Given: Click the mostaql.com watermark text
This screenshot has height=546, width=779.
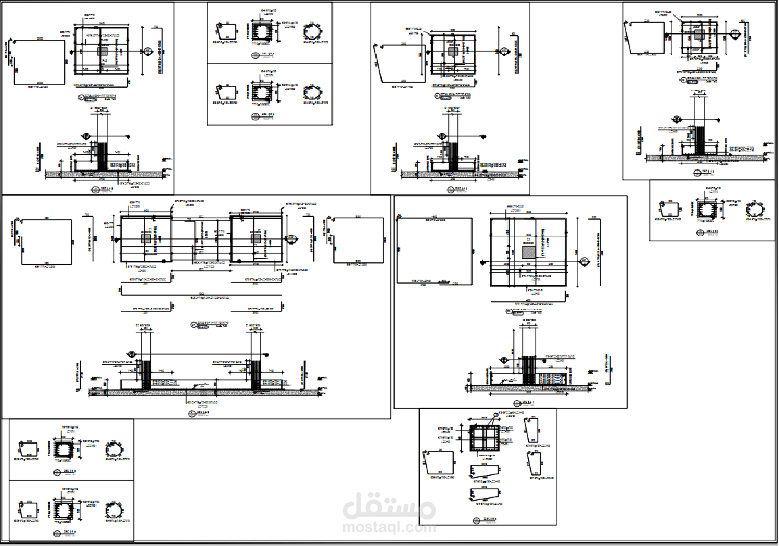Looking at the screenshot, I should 389,528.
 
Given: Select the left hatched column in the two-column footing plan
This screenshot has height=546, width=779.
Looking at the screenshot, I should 146,239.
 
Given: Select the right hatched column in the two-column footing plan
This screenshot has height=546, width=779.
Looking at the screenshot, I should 256,239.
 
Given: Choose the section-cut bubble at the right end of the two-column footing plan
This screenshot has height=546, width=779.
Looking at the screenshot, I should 292,239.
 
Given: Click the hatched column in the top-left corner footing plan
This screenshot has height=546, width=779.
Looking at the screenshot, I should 103,51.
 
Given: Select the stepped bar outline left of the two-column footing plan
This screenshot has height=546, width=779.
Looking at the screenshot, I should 47,241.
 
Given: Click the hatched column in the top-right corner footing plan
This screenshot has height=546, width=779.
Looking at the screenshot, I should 698,33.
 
